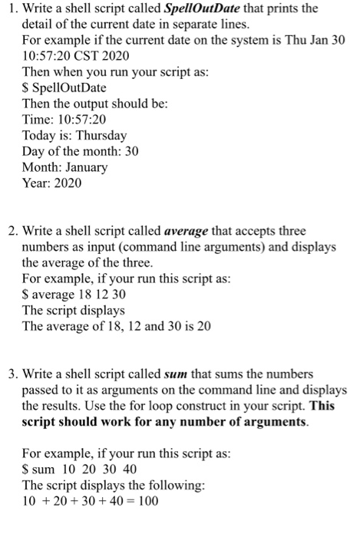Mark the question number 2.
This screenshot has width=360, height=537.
(7, 231)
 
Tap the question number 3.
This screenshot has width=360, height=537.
(7, 374)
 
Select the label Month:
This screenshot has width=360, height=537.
(41, 167)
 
